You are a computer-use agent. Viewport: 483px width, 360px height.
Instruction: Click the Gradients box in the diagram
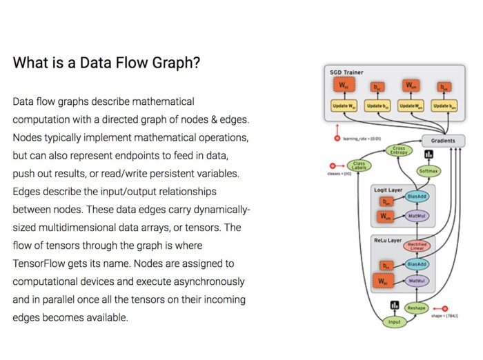443,141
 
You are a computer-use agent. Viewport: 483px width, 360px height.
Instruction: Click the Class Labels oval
359,166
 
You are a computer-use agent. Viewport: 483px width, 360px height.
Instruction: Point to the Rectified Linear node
417,246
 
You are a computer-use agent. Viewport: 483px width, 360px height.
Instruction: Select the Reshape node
415,308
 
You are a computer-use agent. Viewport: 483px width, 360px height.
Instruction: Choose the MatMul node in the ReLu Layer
417,281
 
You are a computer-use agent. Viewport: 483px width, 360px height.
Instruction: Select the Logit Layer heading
388,188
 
